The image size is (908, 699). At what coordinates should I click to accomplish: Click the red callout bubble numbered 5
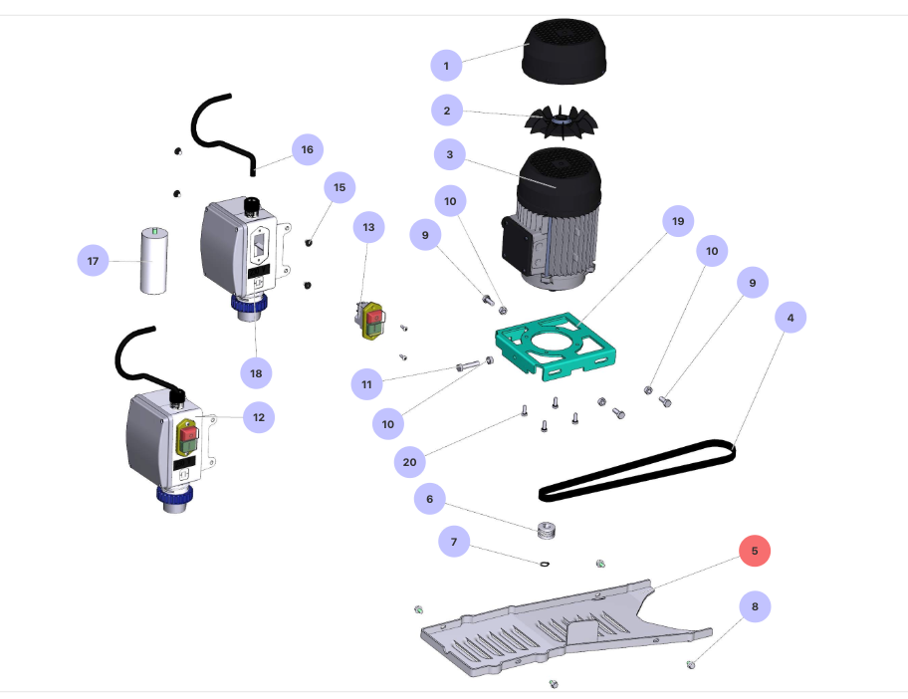[755, 550]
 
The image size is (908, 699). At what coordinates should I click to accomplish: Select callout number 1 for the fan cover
[446, 66]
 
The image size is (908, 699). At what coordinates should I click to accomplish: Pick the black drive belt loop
[637, 468]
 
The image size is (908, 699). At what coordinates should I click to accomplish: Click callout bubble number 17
[94, 261]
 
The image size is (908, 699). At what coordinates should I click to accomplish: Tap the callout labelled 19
[678, 221]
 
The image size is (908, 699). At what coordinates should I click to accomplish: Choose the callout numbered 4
[790, 318]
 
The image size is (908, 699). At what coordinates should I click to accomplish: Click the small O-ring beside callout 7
[545, 565]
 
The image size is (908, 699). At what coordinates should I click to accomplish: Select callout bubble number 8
[755, 605]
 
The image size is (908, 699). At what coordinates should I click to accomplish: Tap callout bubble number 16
[307, 149]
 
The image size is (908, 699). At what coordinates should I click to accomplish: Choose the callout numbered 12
[259, 417]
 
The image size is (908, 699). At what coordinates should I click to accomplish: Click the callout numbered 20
[409, 462]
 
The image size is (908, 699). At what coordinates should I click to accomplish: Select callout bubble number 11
[366, 382]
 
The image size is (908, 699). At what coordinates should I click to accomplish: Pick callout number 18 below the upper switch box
[256, 372]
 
